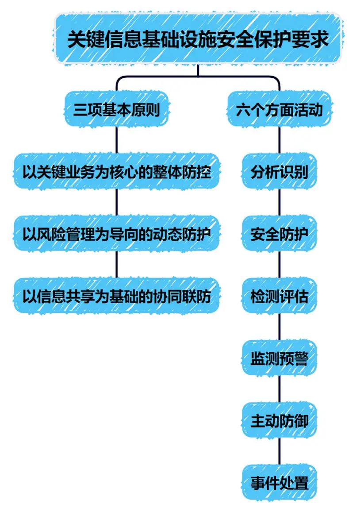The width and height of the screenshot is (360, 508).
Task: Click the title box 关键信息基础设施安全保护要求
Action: click(198, 38)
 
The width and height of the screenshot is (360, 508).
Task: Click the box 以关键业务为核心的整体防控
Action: click(116, 172)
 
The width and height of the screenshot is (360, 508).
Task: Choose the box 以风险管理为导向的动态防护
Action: click(116, 234)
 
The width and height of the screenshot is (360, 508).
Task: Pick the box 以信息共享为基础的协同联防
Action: click(116, 296)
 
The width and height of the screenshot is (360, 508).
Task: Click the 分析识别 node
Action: click(279, 172)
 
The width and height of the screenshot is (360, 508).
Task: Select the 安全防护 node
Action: click(279, 234)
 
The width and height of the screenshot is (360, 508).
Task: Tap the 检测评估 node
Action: click(279, 296)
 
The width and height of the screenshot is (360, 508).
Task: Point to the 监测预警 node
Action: click(279, 358)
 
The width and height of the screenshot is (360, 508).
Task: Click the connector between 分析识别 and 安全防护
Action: click(279, 203)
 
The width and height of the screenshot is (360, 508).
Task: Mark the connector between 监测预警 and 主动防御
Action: click(279, 389)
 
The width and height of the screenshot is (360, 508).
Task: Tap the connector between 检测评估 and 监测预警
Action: click(279, 327)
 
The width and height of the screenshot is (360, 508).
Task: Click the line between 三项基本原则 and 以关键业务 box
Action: click(116, 140)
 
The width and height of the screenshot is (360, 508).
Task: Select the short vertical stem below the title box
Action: click(198, 70)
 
